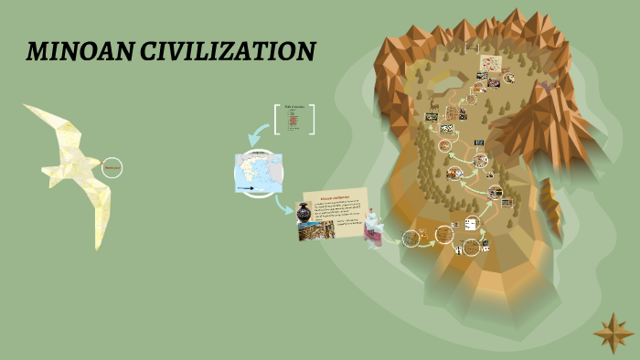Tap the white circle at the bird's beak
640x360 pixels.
(x=112, y=168)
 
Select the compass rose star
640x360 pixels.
(x=613, y=333)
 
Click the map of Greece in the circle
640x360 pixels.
(x=258, y=174)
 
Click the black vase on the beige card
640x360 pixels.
(x=304, y=211)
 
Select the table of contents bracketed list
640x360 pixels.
(x=293, y=120)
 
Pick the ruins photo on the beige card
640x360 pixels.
(x=309, y=230)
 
